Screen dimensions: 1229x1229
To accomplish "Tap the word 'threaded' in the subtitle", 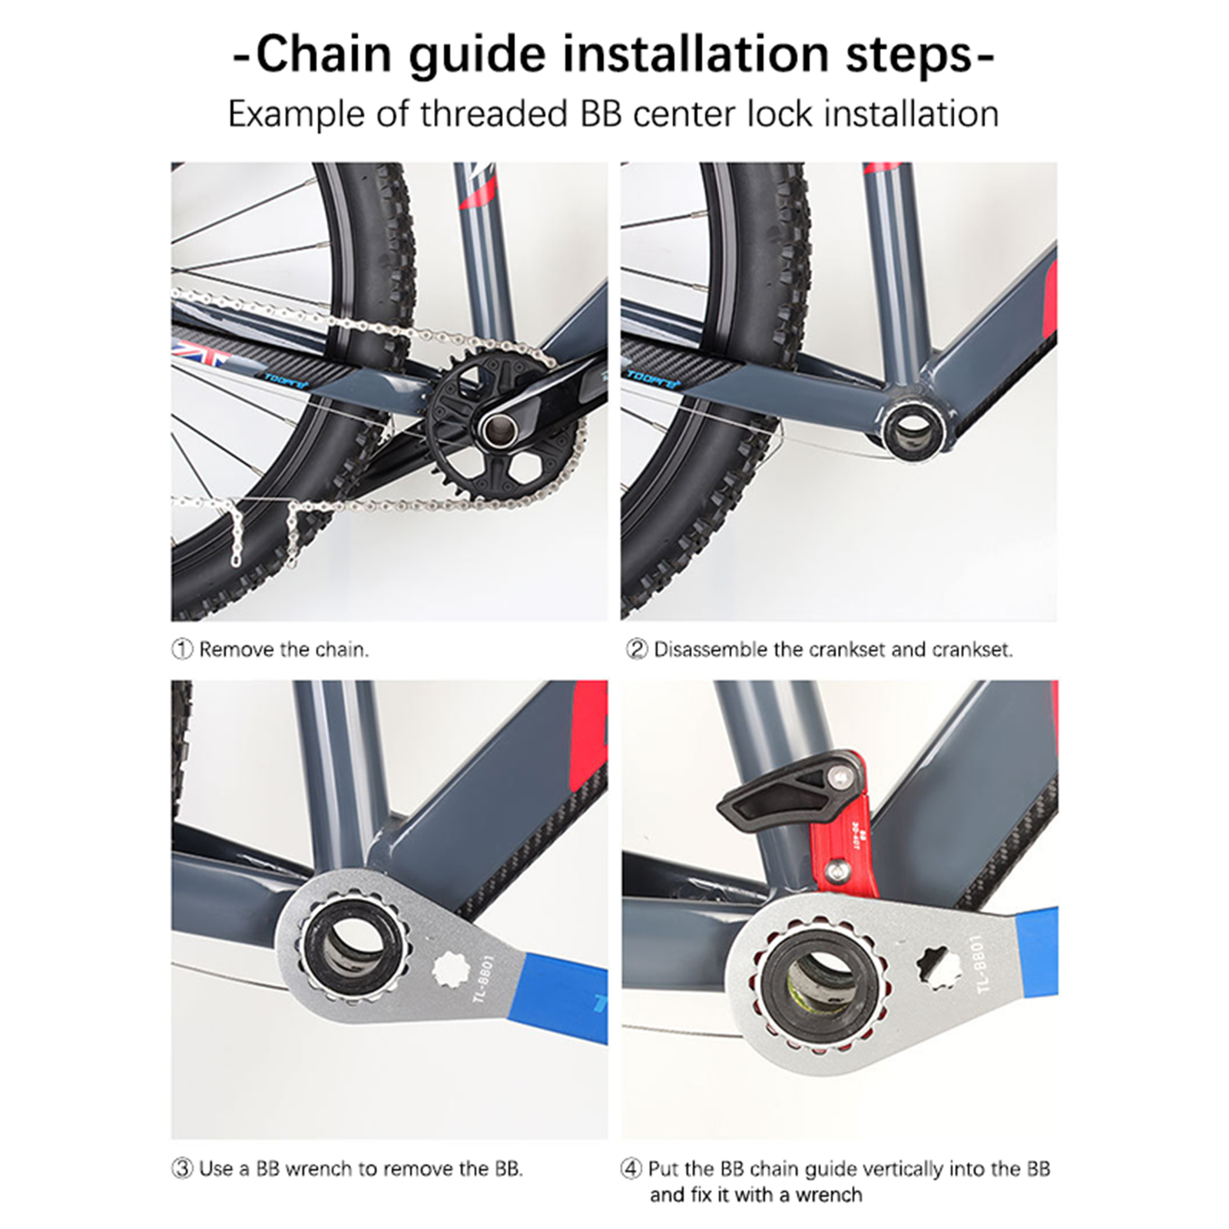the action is tap(494, 114).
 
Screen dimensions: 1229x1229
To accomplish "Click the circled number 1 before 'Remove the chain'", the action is tap(182, 650).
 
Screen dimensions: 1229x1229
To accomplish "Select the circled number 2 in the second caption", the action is tap(637, 650).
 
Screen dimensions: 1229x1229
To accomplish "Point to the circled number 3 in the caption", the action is tap(182, 1169).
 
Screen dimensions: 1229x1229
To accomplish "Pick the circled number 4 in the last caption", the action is tap(631, 1169).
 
